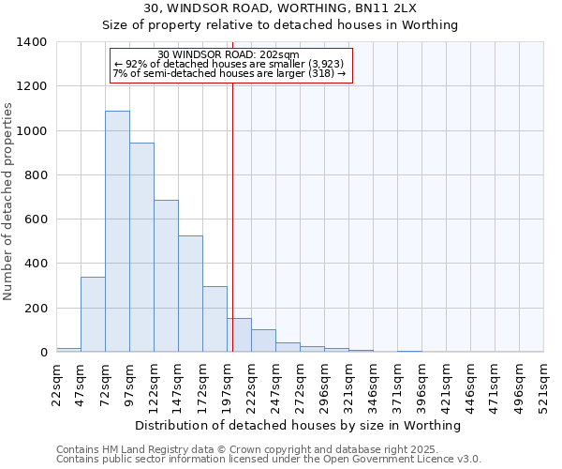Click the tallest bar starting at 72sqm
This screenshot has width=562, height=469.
(117, 232)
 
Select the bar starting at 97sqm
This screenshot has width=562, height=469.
(141, 248)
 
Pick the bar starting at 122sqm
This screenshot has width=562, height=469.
(166, 276)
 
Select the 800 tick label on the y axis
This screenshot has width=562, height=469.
(36, 175)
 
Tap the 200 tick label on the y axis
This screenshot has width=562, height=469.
(36, 309)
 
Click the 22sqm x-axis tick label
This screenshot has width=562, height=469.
(56, 384)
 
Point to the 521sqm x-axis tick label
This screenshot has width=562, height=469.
(544, 384)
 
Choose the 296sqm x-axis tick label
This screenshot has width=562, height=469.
(324, 384)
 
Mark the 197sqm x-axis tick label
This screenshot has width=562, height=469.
(227, 384)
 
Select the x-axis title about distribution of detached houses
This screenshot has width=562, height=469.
(298, 426)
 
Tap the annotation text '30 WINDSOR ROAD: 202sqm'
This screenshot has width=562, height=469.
(229, 54)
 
